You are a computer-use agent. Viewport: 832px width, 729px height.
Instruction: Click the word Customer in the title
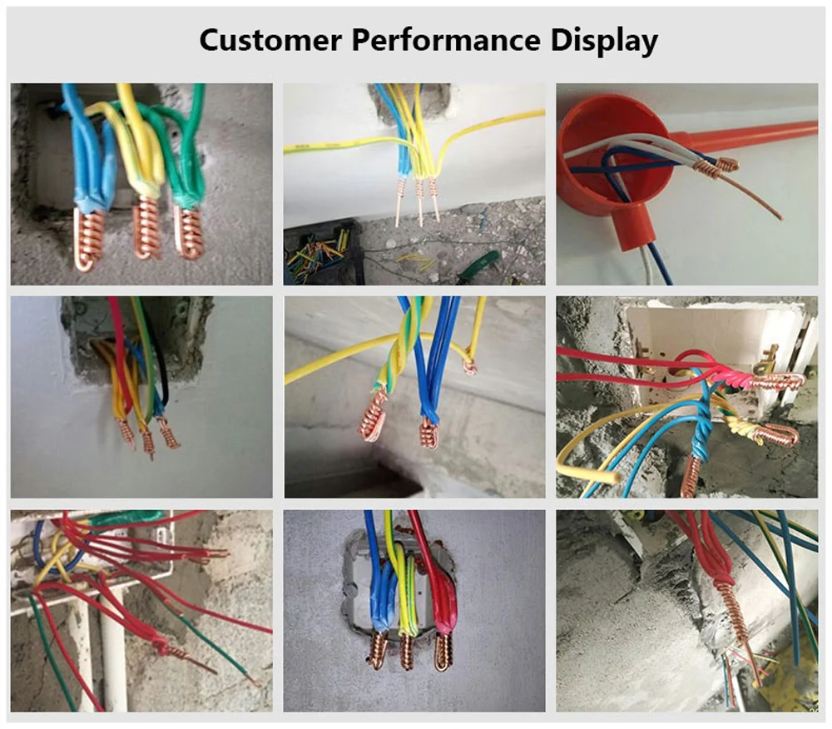click(270, 40)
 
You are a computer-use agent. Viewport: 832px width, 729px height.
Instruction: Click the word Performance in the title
click(446, 40)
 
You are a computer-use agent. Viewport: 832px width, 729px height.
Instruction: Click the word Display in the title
click(604, 41)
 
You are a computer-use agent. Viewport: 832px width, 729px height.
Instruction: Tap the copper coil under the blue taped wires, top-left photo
click(90, 239)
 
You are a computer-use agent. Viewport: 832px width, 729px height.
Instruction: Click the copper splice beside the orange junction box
click(716, 166)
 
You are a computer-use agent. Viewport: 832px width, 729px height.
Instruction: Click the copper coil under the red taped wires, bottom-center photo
click(442, 651)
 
